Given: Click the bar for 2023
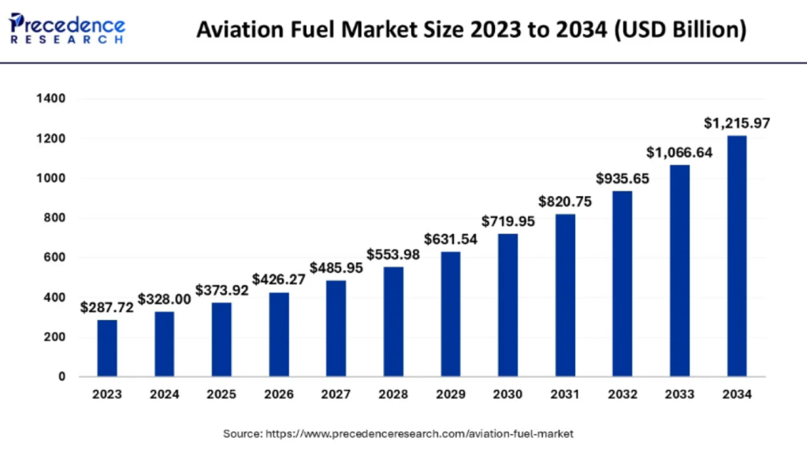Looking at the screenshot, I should click(x=107, y=347).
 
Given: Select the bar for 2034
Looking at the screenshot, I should click(x=736, y=256).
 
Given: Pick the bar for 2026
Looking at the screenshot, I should click(x=279, y=334).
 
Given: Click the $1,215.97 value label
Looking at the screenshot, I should click(x=736, y=124).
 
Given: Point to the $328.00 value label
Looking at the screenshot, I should click(x=164, y=300).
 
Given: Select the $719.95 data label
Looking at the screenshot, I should click(x=508, y=221).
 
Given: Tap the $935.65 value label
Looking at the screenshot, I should click(x=622, y=179).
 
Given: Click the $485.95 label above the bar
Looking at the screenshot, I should click(x=337, y=268).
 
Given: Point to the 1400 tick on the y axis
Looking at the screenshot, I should click(x=50, y=99).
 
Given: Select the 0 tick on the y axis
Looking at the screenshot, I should click(x=61, y=377).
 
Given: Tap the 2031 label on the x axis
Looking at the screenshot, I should click(x=564, y=395).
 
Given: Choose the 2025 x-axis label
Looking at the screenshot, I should click(x=221, y=395).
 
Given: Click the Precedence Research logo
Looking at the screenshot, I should click(x=67, y=27).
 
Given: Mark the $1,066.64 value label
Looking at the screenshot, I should click(x=679, y=153).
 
